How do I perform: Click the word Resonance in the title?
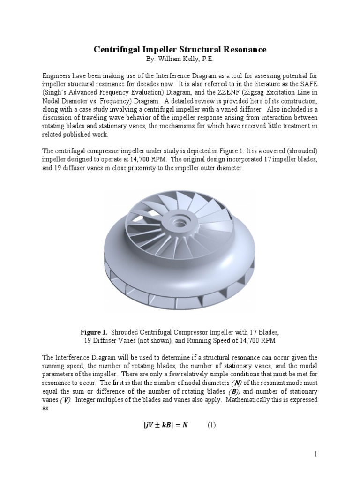point(240,49)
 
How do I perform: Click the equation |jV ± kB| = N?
point(162,425)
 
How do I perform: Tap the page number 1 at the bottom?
point(315,454)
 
